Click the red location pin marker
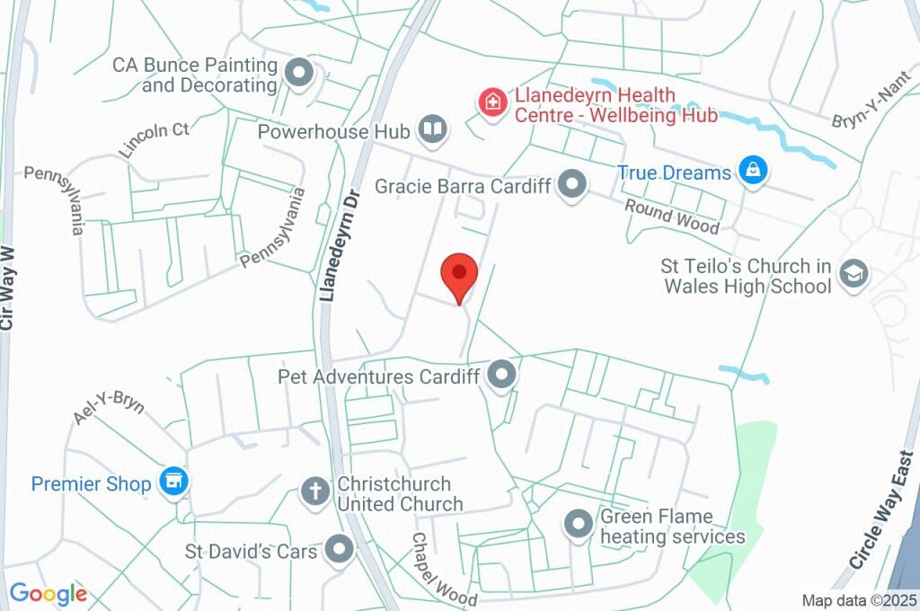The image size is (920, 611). point(459,273)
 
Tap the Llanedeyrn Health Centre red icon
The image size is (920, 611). point(491,101)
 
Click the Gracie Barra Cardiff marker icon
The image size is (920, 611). point(571,186)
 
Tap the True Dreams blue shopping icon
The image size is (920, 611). point(753,170)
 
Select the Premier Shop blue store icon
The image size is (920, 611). point(172,483)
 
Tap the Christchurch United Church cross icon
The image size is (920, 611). point(314,491)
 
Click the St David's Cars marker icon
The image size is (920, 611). point(340,550)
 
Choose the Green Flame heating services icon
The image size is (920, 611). point(578,524)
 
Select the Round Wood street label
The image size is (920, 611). point(672,217)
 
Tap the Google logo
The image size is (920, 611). point(49,593)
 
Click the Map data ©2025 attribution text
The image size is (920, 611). point(859,600)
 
